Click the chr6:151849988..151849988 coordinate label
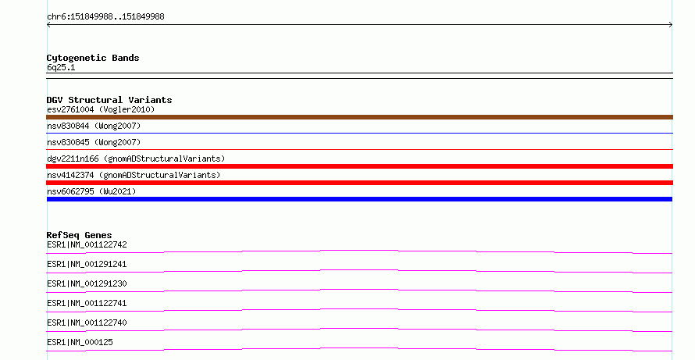coord(105,17)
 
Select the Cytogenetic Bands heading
coord(93,58)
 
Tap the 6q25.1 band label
coord(61,67)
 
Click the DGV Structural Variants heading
coord(109,100)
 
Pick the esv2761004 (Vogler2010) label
coord(101,109)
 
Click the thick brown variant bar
coord(359,117)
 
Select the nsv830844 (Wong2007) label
coord(94,126)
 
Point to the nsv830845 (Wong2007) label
coord(94,142)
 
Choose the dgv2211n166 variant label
coord(136,159)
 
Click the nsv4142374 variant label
coord(134,175)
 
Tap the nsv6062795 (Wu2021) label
coord(91,191)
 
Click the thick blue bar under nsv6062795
coord(359,199)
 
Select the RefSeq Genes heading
coord(79,235)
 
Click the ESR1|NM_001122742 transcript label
coord(87,244)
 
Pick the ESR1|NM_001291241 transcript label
coord(87,264)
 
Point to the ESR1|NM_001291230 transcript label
coord(87,283)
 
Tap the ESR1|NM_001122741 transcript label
coord(87,303)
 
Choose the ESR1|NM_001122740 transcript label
coord(87,323)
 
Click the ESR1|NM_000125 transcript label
coord(80,342)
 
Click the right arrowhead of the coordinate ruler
coord(672,25)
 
